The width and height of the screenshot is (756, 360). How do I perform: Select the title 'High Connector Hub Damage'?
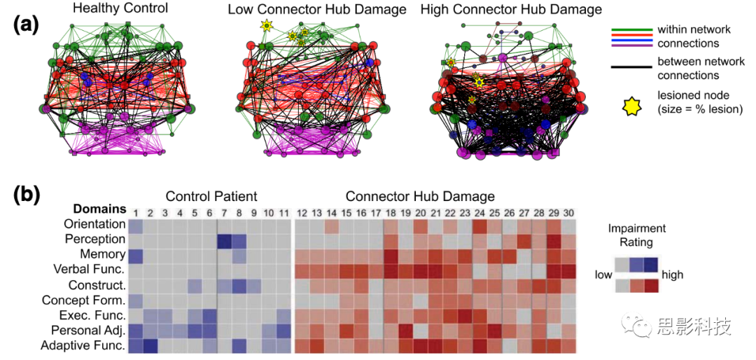(x=501, y=9)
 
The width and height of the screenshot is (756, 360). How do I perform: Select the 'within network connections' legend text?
(x=693, y=36)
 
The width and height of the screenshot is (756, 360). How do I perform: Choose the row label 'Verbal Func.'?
(x=90, y=270)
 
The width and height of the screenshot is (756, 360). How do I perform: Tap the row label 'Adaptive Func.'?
(x=83, y=345)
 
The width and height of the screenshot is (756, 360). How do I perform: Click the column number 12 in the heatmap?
(x=302, y=212)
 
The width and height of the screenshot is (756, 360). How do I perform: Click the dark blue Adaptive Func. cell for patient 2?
(x=150, y=345)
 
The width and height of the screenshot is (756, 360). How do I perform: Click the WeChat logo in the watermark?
(x=640, y=326)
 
